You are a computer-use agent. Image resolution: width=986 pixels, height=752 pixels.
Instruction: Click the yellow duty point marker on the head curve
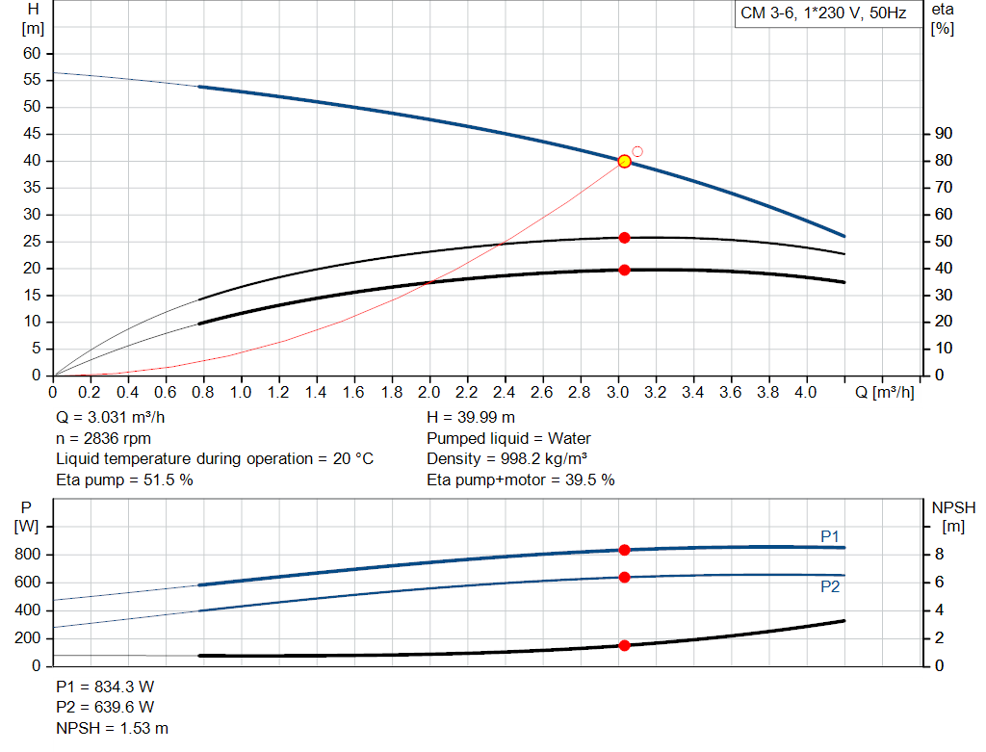(x=624, y=161)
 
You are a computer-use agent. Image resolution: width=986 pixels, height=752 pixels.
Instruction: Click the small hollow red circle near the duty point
(x=636, y=152)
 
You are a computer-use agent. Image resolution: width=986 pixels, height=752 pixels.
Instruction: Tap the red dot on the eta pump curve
(x=624, y=238)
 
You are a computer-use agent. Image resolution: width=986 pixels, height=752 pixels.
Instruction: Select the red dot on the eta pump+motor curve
(x=624, y=270)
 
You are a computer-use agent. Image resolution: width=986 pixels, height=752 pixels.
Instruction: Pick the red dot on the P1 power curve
(x=624, y=550)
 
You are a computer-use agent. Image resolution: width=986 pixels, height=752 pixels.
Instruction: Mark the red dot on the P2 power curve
(x=624, y=577)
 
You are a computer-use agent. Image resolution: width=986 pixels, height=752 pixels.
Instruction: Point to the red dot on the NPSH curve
(x=624, y=645)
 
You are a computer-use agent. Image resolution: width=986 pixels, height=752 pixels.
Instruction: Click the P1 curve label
(x=830, y=535)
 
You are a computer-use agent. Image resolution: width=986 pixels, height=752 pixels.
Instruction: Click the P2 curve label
(x=830, y=586)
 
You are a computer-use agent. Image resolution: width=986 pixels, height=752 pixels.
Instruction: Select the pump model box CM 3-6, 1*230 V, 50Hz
(x=823, y=14)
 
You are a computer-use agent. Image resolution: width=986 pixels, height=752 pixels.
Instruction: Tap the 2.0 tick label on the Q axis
(x=429, y=393)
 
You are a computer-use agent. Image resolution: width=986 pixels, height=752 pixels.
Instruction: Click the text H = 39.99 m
(x=471, y=417)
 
